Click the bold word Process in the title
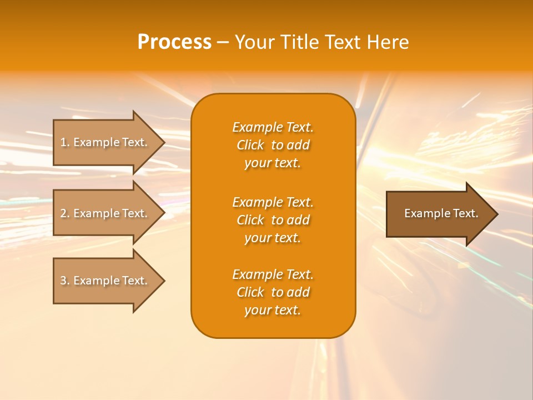point(174,42)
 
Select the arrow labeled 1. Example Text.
point(105,142)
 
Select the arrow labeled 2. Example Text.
point(105,213)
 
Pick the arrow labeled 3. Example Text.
point(105,281)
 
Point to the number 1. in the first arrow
point(64,142)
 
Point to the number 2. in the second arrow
point(64,213)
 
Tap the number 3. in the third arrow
point(64,281)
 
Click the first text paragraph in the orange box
point(273,145)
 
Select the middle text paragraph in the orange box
point(273,219)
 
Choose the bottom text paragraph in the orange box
point(273,292)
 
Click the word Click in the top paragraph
point(250,145)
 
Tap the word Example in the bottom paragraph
point(257,274)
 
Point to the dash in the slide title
point(223,43)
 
